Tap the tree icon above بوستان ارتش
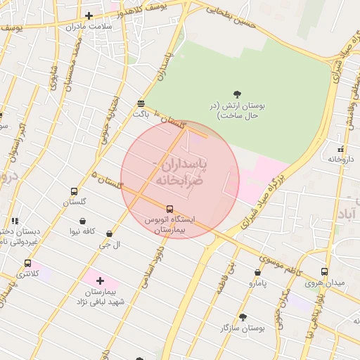point(237,94)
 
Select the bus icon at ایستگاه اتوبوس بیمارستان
point(169,209)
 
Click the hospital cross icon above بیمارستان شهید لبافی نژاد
point(100,281)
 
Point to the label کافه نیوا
point(82,231)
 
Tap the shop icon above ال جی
point(109,233)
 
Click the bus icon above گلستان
point(74,191)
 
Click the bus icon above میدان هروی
point(324,271)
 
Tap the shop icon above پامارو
point(258,272)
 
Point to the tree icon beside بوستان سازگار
point(243,317)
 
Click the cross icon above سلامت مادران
point(88,15)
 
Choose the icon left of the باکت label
point(141,103)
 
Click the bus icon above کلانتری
point(27,264)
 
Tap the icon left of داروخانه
point(340,149)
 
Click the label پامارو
point(258,283)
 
